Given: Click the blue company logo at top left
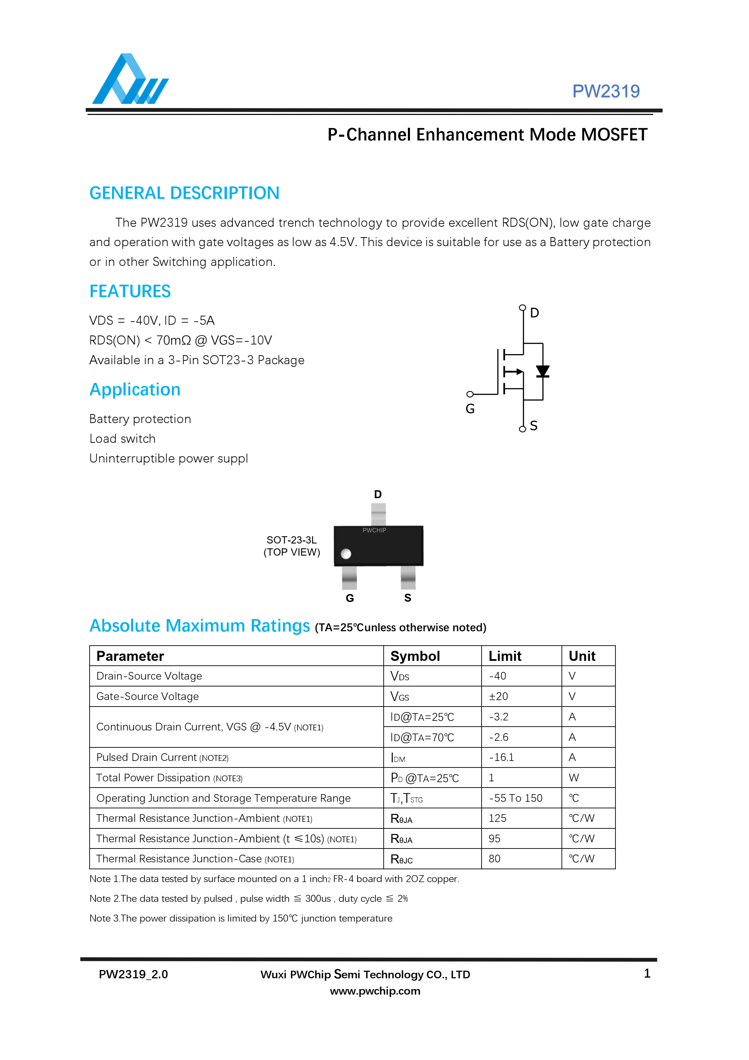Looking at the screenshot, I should tap(130, 79).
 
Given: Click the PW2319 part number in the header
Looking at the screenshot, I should tap(605, 91).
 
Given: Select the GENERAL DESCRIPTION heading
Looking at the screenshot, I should tap(184, 193).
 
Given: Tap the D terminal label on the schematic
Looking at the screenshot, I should tap(535, 313).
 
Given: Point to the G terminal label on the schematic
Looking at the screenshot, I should tap(470, 408).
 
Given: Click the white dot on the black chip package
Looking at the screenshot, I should tap(346, 554).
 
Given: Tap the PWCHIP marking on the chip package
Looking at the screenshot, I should tap(374, 530).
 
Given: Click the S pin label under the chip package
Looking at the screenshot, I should tap(408, 598).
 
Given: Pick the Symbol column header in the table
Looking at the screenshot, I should tap(415, 656).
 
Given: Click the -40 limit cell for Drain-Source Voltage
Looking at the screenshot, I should tap(497, 676).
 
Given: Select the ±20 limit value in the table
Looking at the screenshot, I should tap(499, 696).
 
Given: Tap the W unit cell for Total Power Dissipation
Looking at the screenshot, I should tap(574, 778).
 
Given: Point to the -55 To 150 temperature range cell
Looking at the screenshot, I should tap(515, 798).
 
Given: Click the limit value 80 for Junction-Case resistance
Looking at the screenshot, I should tap(494, 859).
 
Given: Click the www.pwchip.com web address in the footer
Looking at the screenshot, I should tap(375, 991).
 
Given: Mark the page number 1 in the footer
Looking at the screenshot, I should tap(647, 974).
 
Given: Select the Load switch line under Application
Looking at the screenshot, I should tap(122, 439).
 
